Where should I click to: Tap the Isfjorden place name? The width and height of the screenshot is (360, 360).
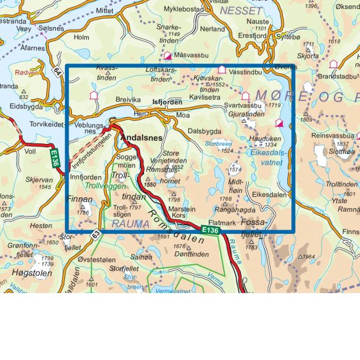[167, 102]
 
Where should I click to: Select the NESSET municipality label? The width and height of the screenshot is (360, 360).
[241, 11]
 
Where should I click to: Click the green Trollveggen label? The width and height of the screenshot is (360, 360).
[103, 186]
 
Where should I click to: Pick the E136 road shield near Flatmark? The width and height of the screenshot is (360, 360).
[210, 230]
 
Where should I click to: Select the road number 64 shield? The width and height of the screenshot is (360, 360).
[58, 71]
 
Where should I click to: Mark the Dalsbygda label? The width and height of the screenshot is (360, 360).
[204, 131]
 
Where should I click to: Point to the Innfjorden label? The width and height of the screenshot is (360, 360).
[85, 177]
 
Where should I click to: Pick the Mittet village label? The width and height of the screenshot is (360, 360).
[104, 11]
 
